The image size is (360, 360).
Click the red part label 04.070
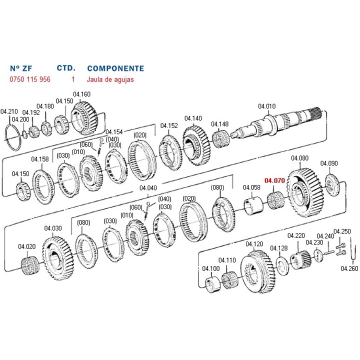pos(274,180)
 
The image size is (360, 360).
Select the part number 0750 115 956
pos(30,79)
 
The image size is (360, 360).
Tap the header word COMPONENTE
pos(115,68)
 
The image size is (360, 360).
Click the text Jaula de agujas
pos(110,79)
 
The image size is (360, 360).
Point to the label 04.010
pos(266,106)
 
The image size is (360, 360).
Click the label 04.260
pos(349,268)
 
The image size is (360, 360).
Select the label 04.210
pos(9,111)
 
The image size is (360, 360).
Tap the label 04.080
pos(299,158)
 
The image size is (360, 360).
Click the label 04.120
pos(254,244)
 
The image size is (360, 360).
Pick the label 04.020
pos(27,246)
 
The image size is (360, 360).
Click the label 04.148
pos(219,124)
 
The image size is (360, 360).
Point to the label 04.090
pos(329,163)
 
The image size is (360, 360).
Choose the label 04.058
pos(252,187)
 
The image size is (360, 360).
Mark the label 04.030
pos(53,228)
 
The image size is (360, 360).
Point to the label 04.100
pos(210,268)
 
